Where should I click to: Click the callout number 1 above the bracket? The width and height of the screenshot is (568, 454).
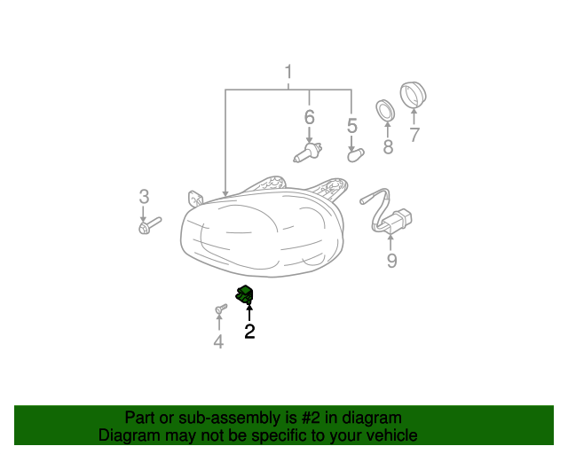click(x=288, y=72)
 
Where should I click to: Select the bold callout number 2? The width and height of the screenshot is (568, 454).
click(x=249, y=332)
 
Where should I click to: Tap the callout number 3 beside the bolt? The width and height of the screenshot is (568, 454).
click(x=144, y=197)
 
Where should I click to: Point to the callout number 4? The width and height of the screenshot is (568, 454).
click(x=218, y=341)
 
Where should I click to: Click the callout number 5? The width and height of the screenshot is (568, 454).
click(x=352, y=126)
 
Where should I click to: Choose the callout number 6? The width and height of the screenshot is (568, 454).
click(x=310, y=117)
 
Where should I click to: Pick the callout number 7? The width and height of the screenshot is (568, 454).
click(x=414, y=135)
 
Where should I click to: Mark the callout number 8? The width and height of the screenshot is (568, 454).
click(x=388, y=147)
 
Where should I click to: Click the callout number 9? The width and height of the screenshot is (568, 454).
click(x=391, y=261)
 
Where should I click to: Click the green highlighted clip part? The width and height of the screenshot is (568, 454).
click(x=245, y=294)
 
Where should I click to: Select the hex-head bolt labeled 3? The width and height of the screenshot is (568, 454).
click(x=150, y=225)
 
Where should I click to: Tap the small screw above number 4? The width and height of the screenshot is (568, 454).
click(x=221, y=309)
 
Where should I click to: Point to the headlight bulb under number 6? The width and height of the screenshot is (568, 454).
click(x=308, y=153)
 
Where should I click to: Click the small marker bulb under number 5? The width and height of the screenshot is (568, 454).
click(x=356, y=155)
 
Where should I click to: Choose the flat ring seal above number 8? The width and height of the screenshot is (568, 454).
click(x=384, y=111)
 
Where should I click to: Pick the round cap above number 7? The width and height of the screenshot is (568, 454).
click(x=413, y=95)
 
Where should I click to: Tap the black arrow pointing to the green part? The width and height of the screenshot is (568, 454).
click(x=249, y=312)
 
